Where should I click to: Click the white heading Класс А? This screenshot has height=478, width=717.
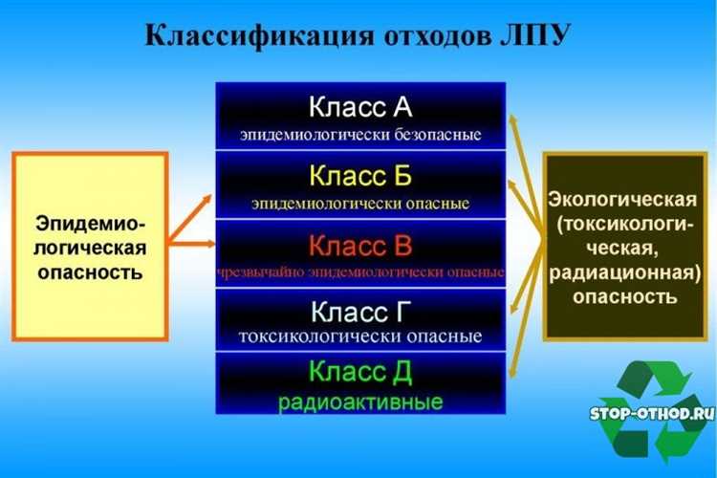tap(360, 106)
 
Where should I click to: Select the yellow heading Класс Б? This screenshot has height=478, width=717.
tap(360, 176)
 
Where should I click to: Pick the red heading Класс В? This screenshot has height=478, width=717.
tap(360, 246)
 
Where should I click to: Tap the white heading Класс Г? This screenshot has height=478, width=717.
tap(360, 313)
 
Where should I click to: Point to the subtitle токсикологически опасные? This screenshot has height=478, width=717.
tap(360, 337)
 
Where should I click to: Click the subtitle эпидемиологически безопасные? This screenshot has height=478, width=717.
tap(360, 134)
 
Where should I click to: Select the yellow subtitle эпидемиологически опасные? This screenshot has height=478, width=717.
tap(360, 203)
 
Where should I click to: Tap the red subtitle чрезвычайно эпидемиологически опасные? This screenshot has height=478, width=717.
tap(360, 272)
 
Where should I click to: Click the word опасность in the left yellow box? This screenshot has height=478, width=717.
tap(91, 272)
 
